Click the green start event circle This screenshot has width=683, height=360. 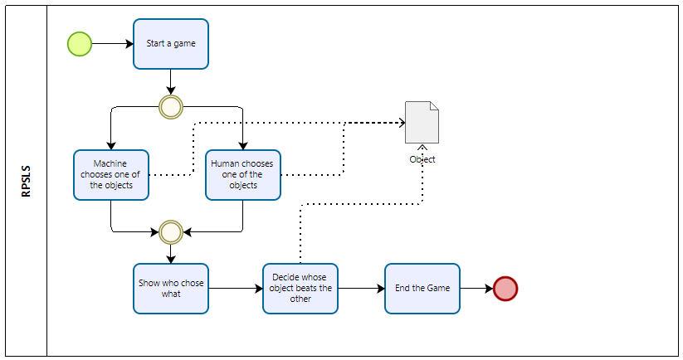tap(79, 44)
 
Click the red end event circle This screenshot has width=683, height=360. tap(505, 289)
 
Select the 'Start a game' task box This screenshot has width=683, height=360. tap(171, 44)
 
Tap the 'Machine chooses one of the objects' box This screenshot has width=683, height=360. tap(110, 175)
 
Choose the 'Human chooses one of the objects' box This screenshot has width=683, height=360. tap(243, 175)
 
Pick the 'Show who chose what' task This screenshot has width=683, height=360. tap(171, 289)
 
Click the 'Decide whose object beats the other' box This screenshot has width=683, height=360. tap(300, 289)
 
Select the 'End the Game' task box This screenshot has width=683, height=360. tap(422, 289)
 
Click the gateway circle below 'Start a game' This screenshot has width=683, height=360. tap(171, 107)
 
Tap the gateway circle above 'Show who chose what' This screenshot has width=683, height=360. tap(171, 230)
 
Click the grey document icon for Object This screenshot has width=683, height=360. tap(422, 123)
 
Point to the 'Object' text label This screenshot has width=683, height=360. tap(422, 159)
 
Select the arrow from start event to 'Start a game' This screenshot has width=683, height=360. tap(112, 44)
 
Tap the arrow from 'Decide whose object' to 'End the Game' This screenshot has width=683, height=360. tap(361, 289)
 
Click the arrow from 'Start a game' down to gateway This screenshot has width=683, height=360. tap(171, 81)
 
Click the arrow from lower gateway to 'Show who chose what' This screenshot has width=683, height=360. tap(171, 253)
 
